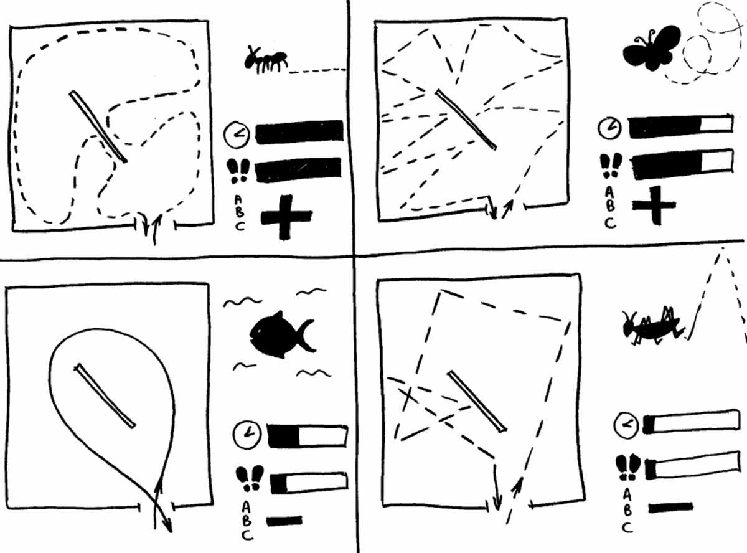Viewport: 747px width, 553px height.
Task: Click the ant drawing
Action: click(x=266, y=60)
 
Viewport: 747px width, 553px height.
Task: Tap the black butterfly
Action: click(x=651, y=48)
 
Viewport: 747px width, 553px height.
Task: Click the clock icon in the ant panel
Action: click(x=237, y=134)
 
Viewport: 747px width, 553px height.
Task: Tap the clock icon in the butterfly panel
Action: click(x=610, y=128)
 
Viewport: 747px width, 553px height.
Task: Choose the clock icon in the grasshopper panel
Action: click(x=626, y=425)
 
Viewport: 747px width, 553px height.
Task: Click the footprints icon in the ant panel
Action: click(x=238, y=171)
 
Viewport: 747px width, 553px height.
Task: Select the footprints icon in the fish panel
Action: click(x=250, y=478)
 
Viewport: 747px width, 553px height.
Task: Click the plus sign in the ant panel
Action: click(x=286, y=217)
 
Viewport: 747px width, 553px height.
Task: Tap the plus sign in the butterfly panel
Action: click(x=654, y=206)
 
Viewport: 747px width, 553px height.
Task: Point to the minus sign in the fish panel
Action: click(x=284, y=521)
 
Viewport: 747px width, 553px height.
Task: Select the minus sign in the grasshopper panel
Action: click(x=670, y=508)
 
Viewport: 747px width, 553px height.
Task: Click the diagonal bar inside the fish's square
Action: click(x=105, y=396)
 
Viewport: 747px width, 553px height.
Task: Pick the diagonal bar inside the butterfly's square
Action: click(x=466, y=120)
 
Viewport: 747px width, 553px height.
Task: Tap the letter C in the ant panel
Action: click(x=240, y=226)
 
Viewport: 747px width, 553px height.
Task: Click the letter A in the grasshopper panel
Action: click(x=627, y=495)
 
